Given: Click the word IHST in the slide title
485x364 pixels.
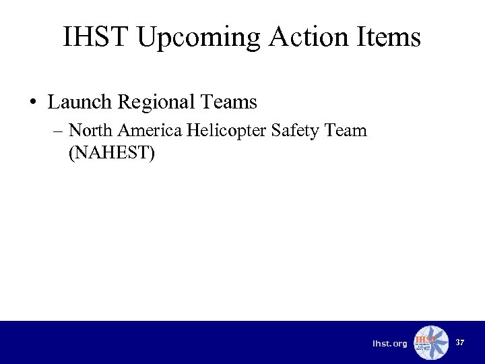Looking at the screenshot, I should coord(95,37).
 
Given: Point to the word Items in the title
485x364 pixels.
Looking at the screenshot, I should coord(388,37).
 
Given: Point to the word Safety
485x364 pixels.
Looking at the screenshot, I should coord(294,131).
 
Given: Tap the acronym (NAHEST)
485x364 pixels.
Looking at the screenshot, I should coord(112,153).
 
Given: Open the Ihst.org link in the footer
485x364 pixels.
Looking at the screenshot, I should coord(390,344).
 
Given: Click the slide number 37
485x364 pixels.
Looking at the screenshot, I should coord(460,342).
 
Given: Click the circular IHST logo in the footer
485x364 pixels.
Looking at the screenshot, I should coord(430,342).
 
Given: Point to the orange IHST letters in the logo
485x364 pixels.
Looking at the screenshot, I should coord(425,339).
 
